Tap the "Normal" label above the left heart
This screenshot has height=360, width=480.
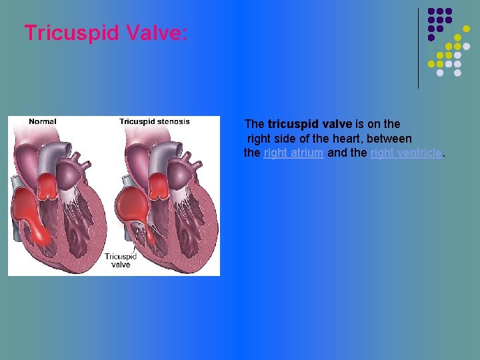[x=42, y=121]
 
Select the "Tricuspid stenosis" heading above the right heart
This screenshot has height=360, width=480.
[x=154, y=121]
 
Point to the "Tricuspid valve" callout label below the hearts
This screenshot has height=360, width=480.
[x=121, y=260]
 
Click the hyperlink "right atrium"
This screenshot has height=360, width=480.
[x=293, y=153]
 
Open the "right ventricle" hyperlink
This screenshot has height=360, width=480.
[x=405, y=153]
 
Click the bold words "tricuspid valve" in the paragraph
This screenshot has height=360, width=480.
[x=309, y=124]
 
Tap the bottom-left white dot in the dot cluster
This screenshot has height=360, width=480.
[x=440, y=73]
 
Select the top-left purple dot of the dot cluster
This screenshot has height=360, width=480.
[x=431, y=12]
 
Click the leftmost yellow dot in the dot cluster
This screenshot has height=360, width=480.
[x=431, y=64]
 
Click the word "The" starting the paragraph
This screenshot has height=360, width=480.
[x=255, y=124]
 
